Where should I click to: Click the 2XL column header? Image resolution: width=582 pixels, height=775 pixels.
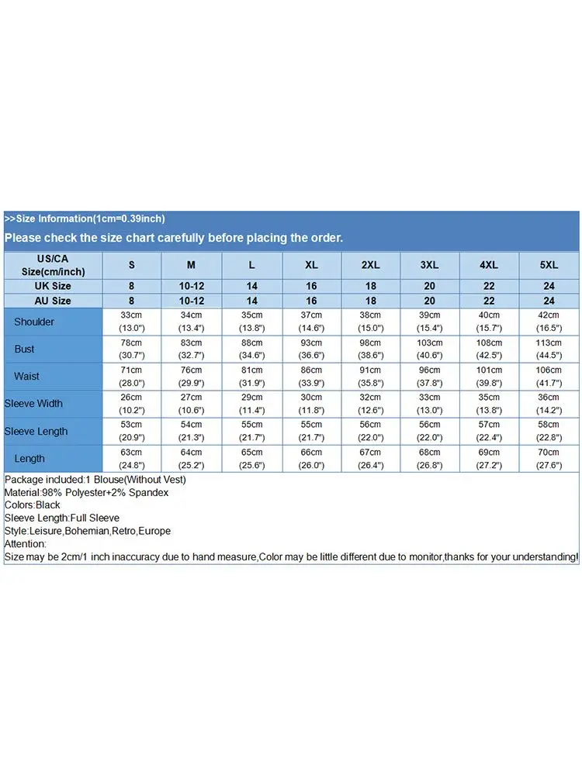[371, 265]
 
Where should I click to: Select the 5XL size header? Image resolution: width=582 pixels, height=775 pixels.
[549, 265]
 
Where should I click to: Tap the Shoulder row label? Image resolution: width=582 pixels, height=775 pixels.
[34, 322]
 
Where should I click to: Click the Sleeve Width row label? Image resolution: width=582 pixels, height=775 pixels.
[33, 404]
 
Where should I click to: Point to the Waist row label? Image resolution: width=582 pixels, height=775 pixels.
[26, 377]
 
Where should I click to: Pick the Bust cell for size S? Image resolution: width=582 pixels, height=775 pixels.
[131, 349]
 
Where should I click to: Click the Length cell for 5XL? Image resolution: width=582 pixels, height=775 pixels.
[549, 459]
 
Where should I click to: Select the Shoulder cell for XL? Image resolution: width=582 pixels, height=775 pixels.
[311, 322]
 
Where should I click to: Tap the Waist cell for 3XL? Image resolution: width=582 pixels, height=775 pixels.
[429, 377]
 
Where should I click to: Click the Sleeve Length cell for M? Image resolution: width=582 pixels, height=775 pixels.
[192, 432]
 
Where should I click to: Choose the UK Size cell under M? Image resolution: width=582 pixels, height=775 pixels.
[192, 287]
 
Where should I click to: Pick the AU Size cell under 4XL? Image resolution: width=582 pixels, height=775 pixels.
[489, 301]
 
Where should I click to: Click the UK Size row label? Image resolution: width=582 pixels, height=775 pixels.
[53, 287]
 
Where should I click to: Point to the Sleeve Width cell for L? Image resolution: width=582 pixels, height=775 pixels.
[251, 404]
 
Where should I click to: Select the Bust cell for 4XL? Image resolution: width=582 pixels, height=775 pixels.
[489, 349]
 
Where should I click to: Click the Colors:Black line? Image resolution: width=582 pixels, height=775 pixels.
[33, 505]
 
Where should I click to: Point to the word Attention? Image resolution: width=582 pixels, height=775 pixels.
[25, 544]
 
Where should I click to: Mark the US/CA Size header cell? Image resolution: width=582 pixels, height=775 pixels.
[53, 265]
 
